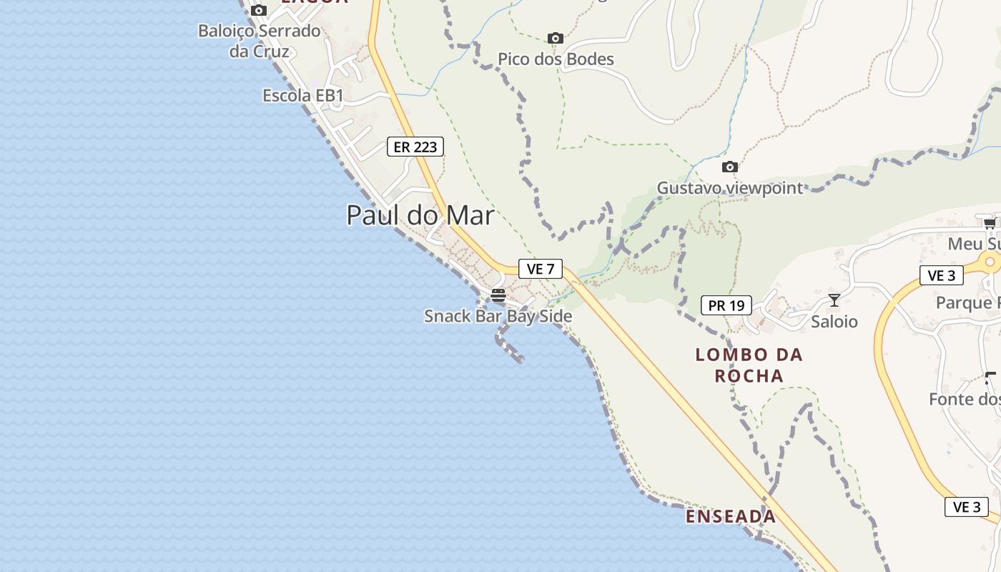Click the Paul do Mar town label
420,215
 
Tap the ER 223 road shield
415,147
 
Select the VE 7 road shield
541,269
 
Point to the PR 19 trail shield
726,305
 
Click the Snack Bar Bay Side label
498,316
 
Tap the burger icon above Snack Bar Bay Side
498,295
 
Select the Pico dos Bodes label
556,59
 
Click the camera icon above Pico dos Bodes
555,38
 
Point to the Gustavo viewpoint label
730,188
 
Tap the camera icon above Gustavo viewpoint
729,167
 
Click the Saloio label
834,322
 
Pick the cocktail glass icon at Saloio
834,300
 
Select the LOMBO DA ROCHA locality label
749,365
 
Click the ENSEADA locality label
731,516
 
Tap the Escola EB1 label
303,96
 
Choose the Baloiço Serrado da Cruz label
259,41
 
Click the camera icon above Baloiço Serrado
259,10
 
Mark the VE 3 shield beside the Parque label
941,275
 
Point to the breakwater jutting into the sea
509,348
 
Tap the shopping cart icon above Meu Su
990,223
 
